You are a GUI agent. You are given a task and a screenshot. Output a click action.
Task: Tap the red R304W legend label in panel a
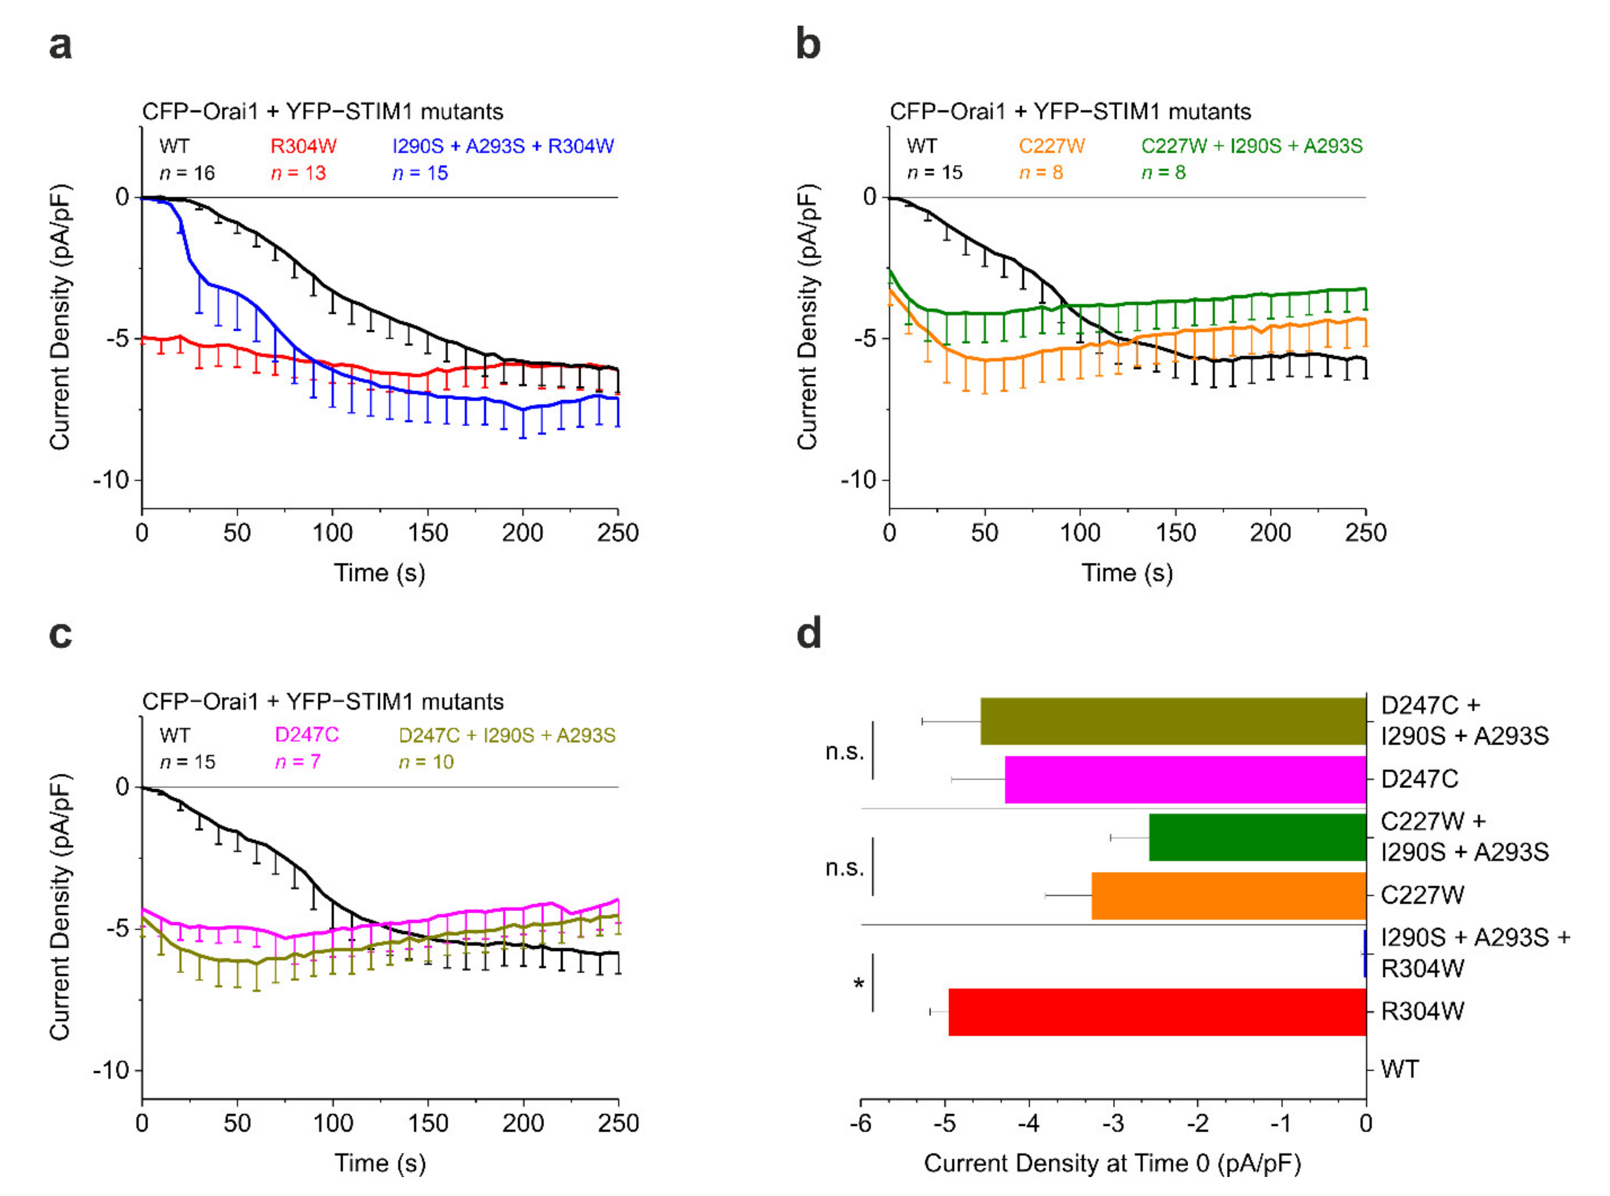click(x=303, y=146)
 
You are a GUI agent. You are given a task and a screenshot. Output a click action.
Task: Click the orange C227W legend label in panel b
click(x=1051, y=146)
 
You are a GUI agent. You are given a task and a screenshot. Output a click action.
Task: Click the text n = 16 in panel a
click(x=187, y=173)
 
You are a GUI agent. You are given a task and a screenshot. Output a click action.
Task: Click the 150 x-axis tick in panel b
click(x=1175, y=533)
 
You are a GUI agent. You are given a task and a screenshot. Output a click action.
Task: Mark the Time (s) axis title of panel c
click(x=379, y=1163)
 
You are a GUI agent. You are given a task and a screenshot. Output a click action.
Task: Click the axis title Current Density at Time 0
click(x=1113, y=1163)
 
